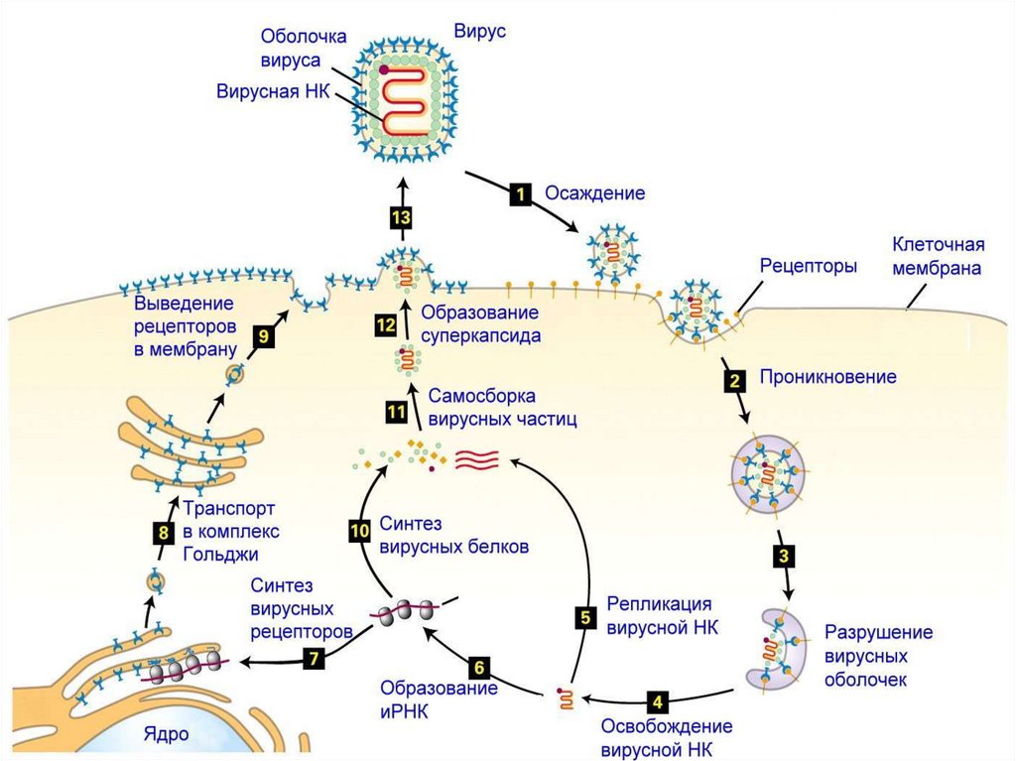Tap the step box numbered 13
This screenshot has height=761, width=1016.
click(402, 218)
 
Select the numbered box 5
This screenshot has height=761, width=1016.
click(585, 617)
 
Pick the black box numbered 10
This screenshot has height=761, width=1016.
click(359, 532)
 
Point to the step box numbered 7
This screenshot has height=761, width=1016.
click(313, 657)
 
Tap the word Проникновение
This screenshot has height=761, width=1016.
click(827, 377)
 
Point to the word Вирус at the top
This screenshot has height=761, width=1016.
click(480, 31)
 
